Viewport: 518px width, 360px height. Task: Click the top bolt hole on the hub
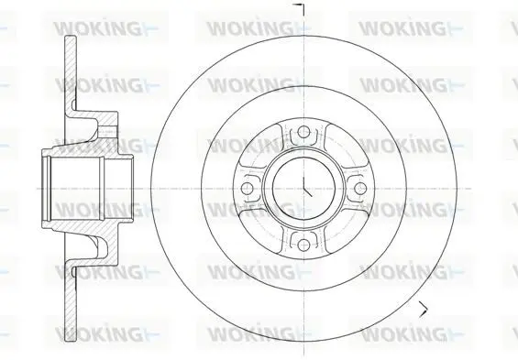[x=303, y=132]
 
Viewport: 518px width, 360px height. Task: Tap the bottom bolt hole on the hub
[x=303, y=245]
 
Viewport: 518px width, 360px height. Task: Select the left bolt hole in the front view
[x=248, y=189]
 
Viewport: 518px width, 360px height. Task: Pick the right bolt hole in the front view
[x=359, y=189]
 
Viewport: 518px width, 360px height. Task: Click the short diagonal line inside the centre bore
[x=307, y=192]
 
